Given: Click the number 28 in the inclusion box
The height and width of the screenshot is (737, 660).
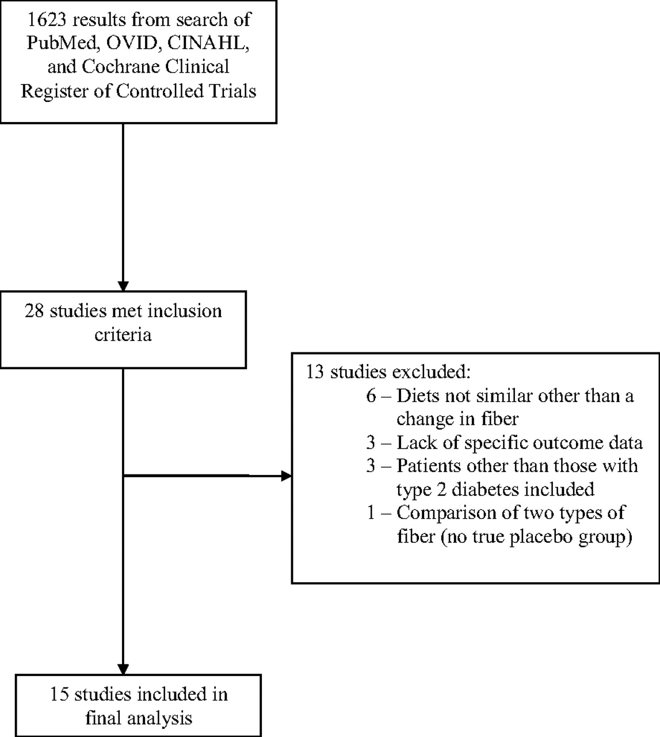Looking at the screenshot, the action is [35, 311].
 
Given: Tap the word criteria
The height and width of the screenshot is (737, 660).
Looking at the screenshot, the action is [123, 335].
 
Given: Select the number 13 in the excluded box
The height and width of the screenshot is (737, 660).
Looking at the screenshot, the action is [315, 372].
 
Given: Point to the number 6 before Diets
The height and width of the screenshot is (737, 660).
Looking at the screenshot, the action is [371, 396].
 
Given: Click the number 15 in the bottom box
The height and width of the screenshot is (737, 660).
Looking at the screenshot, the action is [59, 694].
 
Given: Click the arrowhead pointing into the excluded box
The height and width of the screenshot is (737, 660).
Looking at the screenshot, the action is [287, 476].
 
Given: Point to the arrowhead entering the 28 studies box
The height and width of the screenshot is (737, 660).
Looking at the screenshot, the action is [123, 286].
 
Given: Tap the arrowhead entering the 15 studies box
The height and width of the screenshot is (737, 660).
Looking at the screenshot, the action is [123, 670].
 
